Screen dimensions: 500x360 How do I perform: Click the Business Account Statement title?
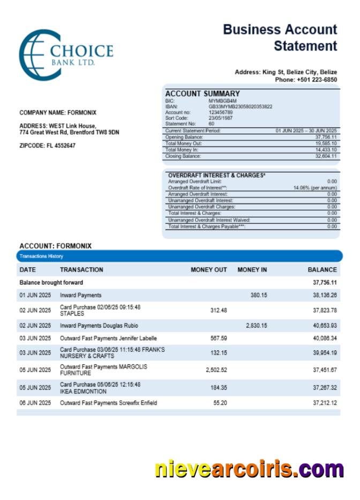coord(280,38)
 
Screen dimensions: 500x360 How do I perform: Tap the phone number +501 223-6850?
coord(306,80)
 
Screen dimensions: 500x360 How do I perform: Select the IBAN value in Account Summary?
coord(240,106)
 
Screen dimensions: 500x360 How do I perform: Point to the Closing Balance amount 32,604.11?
coord(326,156)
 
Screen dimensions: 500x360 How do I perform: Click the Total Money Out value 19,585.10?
coord(326,144)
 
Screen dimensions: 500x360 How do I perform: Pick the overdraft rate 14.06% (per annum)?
coord(315,188)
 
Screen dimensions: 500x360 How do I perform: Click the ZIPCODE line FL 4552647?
coord(47,146)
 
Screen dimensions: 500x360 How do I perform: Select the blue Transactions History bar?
coord(180,256)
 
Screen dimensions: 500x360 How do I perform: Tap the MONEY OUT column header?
coord(208,270)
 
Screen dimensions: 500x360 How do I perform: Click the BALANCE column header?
coord(322,270)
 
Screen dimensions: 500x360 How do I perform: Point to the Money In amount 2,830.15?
coord(256,325)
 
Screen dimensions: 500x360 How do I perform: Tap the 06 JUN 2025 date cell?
coord(35,403)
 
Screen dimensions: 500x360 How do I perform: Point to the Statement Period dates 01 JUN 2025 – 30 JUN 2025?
coord(306,131)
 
